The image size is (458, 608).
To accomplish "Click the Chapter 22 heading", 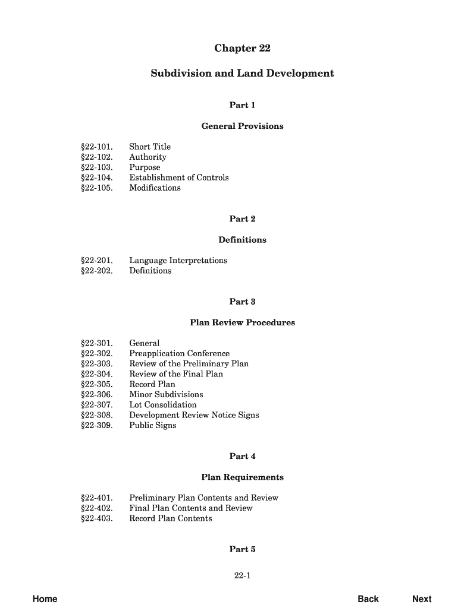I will point(242,48).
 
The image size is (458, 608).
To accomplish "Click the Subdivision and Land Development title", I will point(242,74).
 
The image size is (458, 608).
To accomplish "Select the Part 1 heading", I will point(242,105).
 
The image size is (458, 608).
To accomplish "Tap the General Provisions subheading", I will point(242,126).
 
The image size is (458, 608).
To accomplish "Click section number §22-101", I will point(96,147).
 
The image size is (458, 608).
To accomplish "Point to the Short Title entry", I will point(150,147).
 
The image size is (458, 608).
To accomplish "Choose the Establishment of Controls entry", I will point(179,178).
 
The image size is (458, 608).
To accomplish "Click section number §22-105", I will point(96,188).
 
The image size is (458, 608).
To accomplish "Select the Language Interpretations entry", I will point(178,261).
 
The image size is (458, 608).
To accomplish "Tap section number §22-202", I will point(96,271).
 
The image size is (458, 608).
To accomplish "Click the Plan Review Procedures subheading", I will point(242,322).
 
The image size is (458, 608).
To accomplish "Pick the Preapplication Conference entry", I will point(180,353).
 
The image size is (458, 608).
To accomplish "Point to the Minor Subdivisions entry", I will point(166,394).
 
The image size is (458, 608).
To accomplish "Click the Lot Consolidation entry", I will point(163,405).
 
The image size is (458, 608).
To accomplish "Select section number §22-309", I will point(96,425).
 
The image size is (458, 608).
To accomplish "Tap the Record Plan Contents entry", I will point(171,518).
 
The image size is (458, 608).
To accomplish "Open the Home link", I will point(45,598).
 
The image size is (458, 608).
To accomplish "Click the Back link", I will point(368,598).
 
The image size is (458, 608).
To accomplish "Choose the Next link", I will point(422,598).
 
